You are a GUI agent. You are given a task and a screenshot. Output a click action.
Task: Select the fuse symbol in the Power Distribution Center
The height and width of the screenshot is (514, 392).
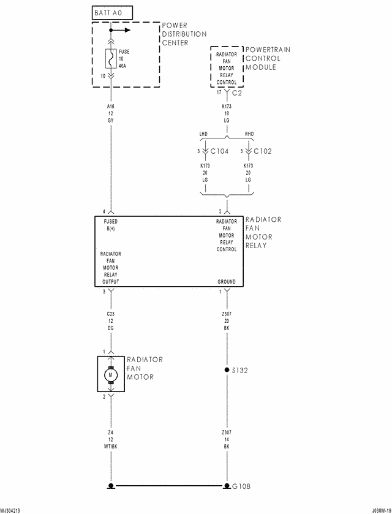(110, 59)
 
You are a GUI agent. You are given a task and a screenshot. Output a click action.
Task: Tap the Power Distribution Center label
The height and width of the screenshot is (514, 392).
(184, 34)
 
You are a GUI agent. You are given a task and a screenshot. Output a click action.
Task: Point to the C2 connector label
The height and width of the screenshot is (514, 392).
(238, 93)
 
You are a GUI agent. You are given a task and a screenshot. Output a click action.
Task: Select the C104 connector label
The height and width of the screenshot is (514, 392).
(219, 151)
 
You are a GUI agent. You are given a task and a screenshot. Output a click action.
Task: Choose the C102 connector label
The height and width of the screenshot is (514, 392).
(263, 151)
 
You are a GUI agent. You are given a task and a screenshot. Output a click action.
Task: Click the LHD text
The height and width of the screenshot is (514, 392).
(205, 133)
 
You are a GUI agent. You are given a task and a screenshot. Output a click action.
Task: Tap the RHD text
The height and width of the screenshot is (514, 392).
(249, 133)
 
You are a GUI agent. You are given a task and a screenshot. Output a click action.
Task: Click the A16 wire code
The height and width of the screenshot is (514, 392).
(110, 106)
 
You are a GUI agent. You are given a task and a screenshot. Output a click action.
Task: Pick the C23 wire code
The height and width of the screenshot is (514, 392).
(110, 313)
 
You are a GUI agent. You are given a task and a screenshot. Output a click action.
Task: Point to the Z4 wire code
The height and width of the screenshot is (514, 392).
(110, 433)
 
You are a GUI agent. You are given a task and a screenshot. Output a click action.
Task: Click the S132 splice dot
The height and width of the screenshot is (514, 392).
(227, 371)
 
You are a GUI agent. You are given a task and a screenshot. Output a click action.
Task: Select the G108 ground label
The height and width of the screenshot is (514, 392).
(241, 486)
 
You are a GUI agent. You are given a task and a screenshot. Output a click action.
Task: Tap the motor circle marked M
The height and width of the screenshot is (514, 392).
(111, 374)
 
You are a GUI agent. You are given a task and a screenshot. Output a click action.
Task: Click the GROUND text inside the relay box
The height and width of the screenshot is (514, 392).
(226, 282)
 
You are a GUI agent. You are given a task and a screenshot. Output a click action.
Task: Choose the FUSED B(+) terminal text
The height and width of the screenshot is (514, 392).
(111, 225)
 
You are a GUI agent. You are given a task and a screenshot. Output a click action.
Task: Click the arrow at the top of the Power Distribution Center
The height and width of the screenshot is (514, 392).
(122, 29)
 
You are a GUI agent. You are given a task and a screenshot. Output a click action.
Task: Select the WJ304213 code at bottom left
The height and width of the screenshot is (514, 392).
(10, 510)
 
